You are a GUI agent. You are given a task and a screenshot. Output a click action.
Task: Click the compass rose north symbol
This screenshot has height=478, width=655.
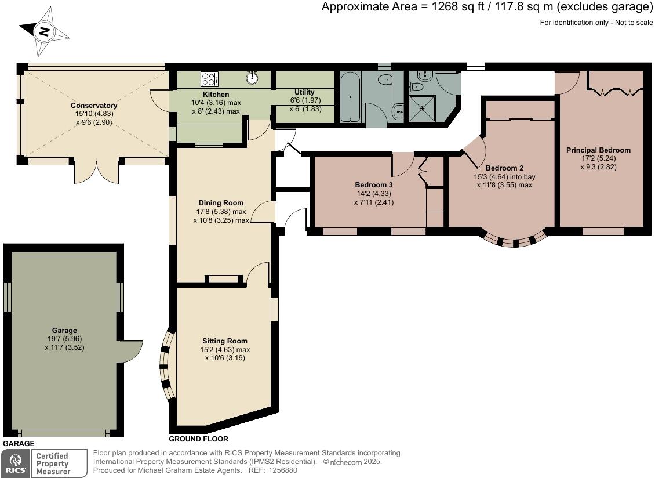[x=44, y=32]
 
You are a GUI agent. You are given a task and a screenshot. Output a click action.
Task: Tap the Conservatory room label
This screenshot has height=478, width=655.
[x=94, y=106]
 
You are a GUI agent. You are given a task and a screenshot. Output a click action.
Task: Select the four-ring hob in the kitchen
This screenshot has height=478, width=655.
[x=209, y=79]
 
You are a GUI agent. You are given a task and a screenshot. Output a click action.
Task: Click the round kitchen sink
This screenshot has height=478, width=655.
[x=252, y=77]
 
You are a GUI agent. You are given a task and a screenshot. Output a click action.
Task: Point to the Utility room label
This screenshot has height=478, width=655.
[x=304, y=92]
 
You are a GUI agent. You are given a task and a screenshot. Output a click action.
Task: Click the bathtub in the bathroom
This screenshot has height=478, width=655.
[x=350, y=97]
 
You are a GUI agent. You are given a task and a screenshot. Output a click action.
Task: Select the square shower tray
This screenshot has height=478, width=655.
[x=423, y=108]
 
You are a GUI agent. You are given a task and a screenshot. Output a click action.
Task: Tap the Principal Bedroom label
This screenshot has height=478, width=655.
[x=598, y=150]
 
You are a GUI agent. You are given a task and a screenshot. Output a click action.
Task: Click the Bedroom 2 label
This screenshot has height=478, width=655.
[x=504, y=168]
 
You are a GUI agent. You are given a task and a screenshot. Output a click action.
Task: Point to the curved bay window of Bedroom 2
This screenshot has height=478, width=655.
[x=515, y=241]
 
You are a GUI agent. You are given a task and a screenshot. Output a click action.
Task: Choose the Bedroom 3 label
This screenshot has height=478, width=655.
[x=373, y=185]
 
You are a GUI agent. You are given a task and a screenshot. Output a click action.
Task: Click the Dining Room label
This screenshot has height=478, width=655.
[x=221, y=203]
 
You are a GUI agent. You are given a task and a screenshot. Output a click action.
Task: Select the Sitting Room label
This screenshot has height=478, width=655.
[x=225, y=341]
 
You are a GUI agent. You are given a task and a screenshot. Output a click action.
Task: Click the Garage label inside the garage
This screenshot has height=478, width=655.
[x=64, y=331]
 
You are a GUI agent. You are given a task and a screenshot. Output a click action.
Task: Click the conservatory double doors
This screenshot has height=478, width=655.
[x=97, y=172]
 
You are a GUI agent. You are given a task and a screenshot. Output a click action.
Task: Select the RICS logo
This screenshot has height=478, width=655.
[x=16, y=463]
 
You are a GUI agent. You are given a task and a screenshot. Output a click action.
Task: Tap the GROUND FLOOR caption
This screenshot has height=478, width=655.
[x=198, y=439]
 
